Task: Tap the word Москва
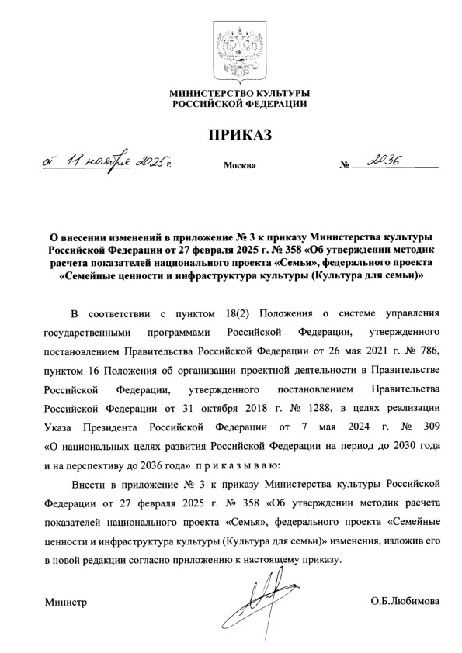point(238,166)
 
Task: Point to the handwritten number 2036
point(385,161)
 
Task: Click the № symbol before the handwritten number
point(346,166)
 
